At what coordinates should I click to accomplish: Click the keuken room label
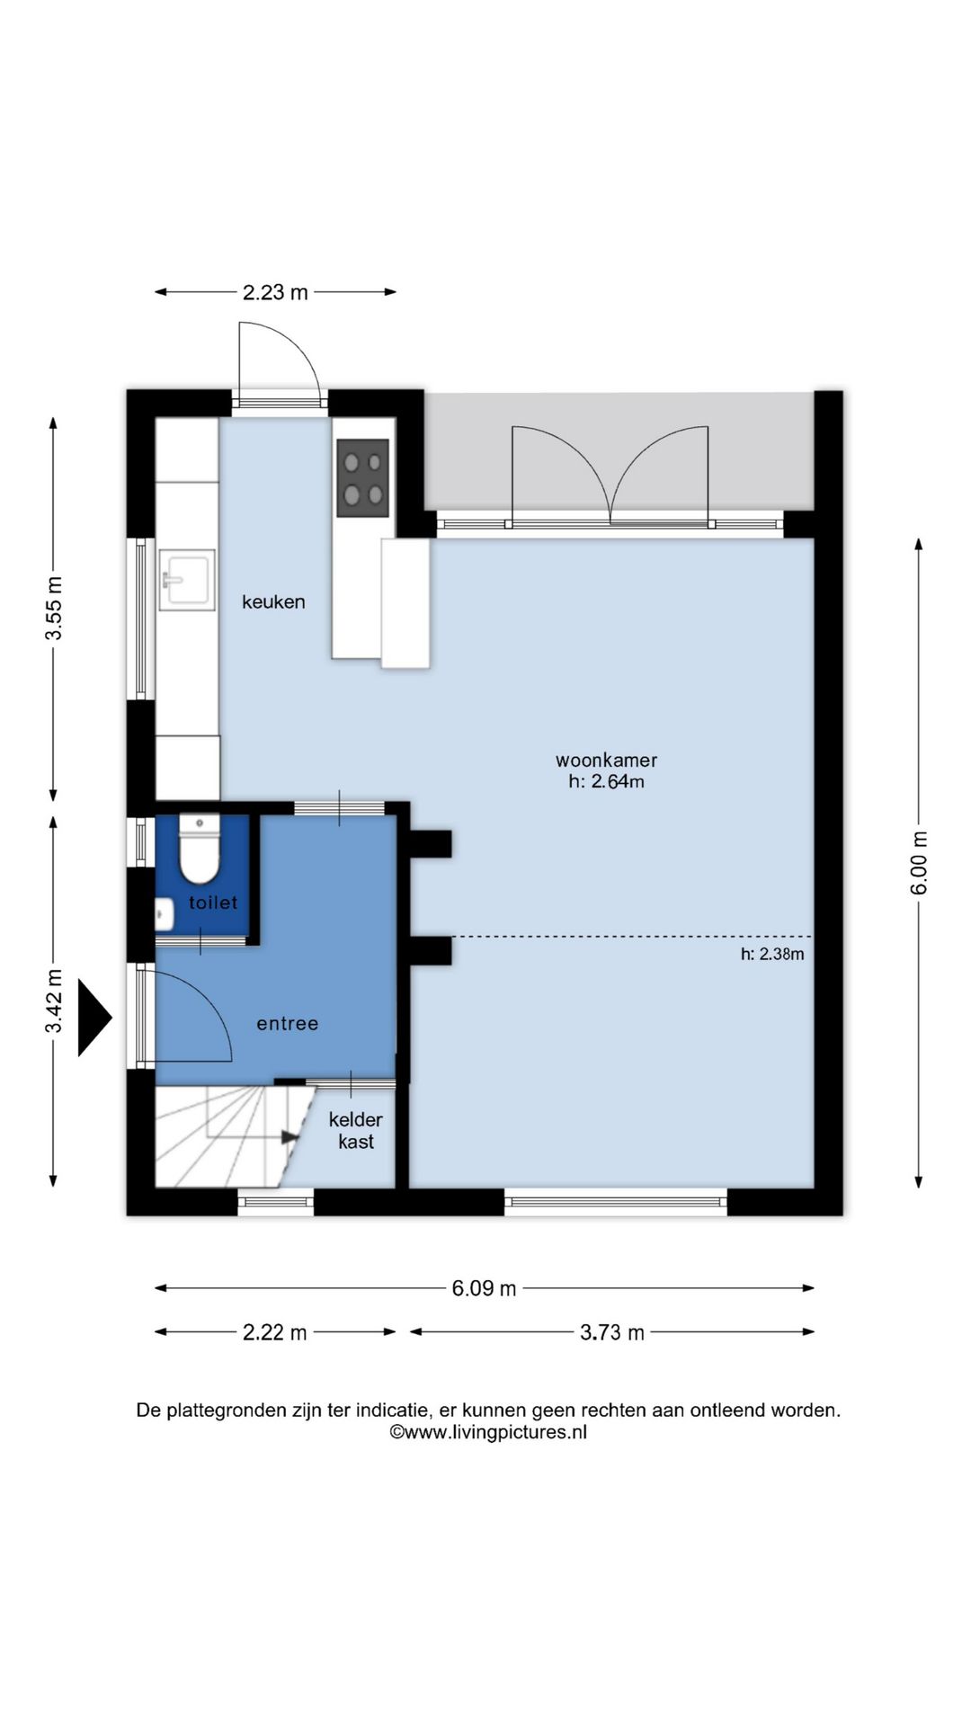pyautogui.click(x=273, y=602)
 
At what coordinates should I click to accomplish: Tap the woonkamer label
pyautogui.click(x=606, y=761)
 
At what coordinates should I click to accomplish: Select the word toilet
pyautogui.click(x=213, y=903)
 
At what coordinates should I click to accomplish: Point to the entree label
pyautogui.click(x=288, y=1024)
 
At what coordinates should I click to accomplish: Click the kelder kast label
pyautogui.click(x=356, y=1131)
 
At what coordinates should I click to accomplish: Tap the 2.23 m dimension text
pyautogui.click(x=275, y=292)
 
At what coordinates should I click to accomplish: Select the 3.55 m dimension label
pyautogui.click(x=55, y=609)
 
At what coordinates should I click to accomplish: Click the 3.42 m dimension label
pyautogui.click(x=55, y=1001)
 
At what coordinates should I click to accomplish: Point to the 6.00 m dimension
pyautogui.click(x=919, y=863)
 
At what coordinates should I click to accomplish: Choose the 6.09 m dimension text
pyautogui.click(x=484, y=1288)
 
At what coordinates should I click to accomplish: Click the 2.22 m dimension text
pyautogui.click(x=275, y=1332)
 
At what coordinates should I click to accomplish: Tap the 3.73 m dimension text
pyautogui.click(x=612, y=1332)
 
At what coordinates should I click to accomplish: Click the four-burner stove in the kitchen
pyautogui.click(x=363, y=478)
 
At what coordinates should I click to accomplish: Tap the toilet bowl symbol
pyautogui.click(x=199, y=850)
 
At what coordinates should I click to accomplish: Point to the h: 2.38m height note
pyautogui.click(x=772, y=955)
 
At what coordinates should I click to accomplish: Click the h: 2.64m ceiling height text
pyautogui.click(x=606, y=782)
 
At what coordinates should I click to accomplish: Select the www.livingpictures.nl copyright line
pyautogui.click(x=488, y=1433)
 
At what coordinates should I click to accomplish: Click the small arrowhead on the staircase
pyautogui.click(x=290, y=1137)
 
